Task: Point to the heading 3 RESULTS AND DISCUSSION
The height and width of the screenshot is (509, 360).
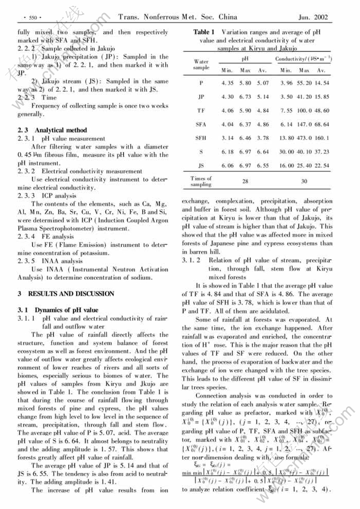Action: [66, 293]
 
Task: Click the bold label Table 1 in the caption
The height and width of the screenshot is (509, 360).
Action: [204, 32]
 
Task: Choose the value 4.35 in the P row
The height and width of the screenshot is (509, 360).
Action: [227, 83]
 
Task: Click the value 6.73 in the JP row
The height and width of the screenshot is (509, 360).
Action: [245, 97]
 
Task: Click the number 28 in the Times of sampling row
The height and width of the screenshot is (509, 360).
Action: [245, 181]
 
